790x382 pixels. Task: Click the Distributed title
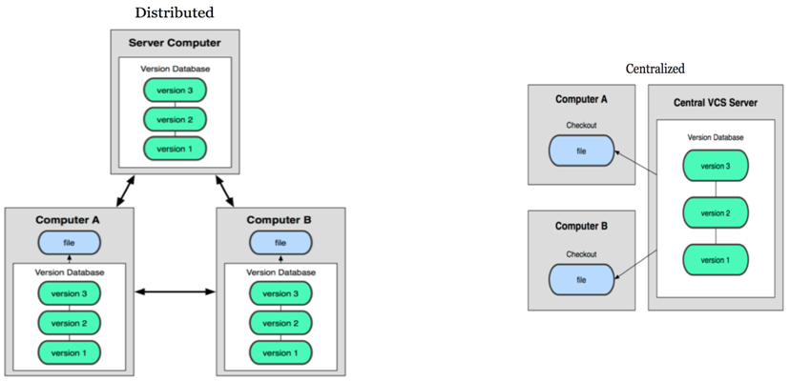[174, 12]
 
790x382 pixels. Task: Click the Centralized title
[655, 69]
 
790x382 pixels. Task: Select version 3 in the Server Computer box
[175, 90]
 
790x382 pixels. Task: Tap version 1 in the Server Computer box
[175, 148]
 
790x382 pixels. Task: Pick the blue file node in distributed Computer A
[69, 243]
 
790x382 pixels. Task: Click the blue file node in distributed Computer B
[281, 243]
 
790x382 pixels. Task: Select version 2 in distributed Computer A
[69, 323]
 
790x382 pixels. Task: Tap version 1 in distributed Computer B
[281, 352]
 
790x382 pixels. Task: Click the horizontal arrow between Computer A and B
[175, 292]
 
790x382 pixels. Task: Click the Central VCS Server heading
[716, 103]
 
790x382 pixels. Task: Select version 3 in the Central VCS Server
[716, 166]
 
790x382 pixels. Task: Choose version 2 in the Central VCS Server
[716, 212]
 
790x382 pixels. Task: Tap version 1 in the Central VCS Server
[716, 259]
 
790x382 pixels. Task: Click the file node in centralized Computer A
[581, 151]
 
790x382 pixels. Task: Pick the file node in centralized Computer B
[581, 278]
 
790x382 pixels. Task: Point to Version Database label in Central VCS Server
[716, 137]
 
